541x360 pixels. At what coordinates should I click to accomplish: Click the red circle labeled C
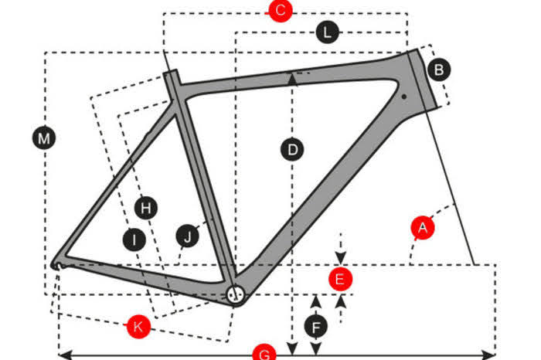point(281,10)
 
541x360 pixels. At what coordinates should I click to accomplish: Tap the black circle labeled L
point(327,32)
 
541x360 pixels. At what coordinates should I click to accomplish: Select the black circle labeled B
point(439,70)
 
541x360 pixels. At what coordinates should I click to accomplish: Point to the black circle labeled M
point(44,138)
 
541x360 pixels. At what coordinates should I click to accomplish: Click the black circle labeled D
point(292,150)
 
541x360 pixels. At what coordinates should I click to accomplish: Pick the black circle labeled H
point(146,208)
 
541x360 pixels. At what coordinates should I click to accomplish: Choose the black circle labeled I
point(134,239)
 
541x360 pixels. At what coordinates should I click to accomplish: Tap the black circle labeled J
point(187,236)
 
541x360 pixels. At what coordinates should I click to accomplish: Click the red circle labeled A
point(423,228)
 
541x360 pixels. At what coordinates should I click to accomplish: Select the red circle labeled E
point(341,279)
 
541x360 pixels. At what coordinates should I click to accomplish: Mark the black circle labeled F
point(316,327)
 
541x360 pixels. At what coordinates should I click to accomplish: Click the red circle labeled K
point(138,326)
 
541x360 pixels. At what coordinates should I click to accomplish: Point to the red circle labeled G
point(264,353)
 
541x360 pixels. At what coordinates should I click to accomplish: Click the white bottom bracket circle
point(235,295)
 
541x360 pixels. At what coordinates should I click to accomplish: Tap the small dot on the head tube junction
point(404,97)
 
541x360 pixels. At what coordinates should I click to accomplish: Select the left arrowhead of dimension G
point(65,355)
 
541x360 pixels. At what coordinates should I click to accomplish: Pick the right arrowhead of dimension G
point(488,355)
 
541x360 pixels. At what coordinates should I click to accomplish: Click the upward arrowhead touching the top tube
point(293,80)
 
